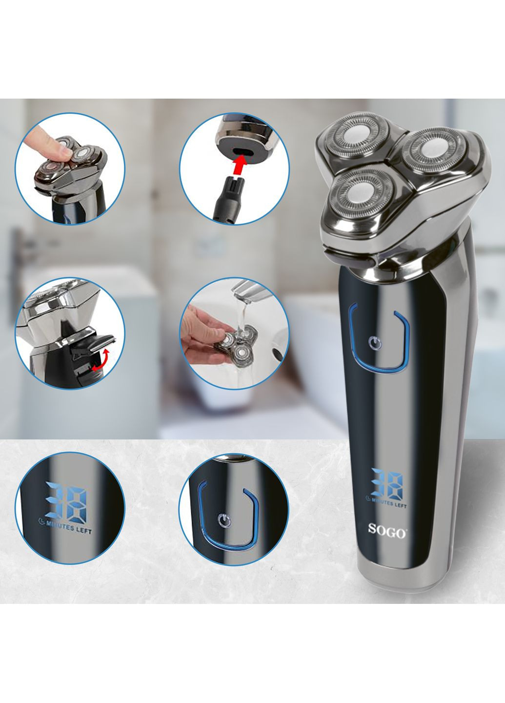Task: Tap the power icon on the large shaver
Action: (376, 343)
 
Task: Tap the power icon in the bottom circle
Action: (223, 517)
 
